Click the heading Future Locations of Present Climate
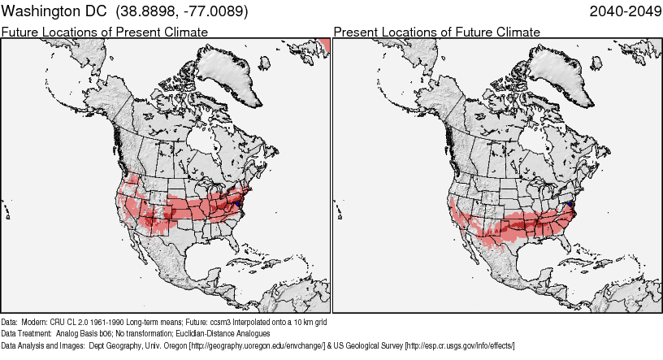(104, 32)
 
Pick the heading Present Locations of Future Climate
(436, 32)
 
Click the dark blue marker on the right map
(570, 205)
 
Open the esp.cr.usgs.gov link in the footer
(460, 345)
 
